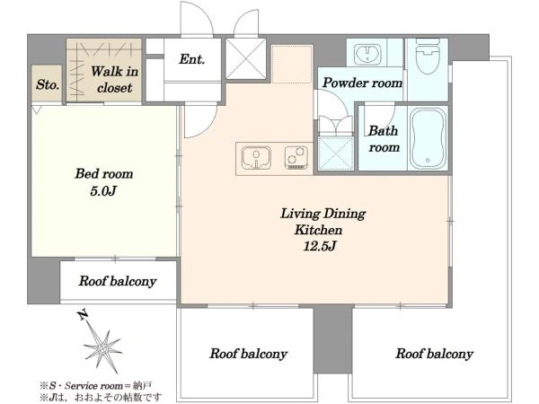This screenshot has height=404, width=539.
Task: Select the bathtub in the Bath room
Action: click(x=428, y=138)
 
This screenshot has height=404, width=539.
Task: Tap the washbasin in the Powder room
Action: click(x=367, y=53)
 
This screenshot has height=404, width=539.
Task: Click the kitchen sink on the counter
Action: click(x=256, y=158)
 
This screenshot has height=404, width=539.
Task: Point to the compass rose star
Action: click(x=102, y=348)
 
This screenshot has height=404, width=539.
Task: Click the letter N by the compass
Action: click(x=82, y=314)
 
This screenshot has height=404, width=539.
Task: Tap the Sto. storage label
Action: click(x=48, y=84)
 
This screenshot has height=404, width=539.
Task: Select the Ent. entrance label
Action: click(x=192, y=59)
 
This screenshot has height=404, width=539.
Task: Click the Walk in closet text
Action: click(x=114, y=80)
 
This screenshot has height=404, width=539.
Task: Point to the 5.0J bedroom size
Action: click(x=103, y=191)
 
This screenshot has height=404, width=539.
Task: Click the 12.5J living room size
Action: click(x=319, y=246)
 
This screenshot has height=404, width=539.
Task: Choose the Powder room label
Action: click(x=362, y=83)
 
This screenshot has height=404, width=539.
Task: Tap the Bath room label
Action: click(x=384, y=139)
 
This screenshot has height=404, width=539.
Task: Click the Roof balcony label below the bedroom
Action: click(x=118, y=281)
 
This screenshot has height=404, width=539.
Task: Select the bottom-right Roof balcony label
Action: click(x=435, y=354)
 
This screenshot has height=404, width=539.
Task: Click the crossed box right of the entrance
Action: click(x=246, y=58)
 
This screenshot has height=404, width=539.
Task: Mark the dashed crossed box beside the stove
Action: click(x=336, y=154)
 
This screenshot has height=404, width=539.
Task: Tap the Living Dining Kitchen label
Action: click(x=323, y=222)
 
